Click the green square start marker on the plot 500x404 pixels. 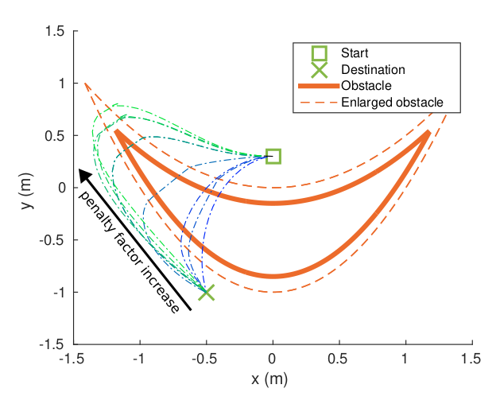[273, 156]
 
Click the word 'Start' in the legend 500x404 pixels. [354, 53]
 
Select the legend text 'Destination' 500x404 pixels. [373, 70]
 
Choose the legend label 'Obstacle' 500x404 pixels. [366, 86]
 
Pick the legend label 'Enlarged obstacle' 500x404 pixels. [391, 102]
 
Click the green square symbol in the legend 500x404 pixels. [319, 53]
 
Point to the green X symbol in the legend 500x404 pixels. [319, 70]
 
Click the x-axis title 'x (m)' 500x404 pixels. [273, 379]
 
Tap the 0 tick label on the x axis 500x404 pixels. [273, 360]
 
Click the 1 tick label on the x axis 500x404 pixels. [405, 360]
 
